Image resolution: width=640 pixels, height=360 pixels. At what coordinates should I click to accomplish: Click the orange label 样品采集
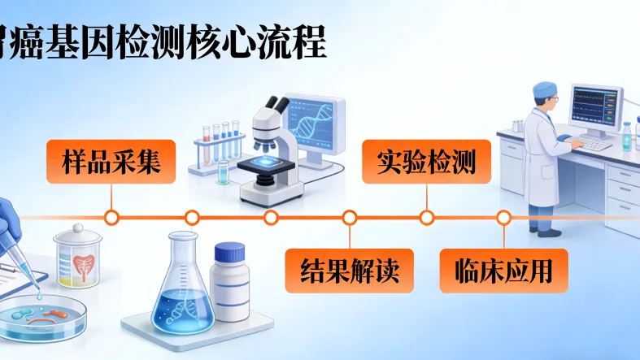[111, 161]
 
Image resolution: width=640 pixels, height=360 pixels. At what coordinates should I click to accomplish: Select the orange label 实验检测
[425, 161]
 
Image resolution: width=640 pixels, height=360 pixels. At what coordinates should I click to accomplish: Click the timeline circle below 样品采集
[112, 217]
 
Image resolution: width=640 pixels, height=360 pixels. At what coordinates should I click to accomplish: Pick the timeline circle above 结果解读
[350, 217]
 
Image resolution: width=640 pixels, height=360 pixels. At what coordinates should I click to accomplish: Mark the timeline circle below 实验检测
[426, 217]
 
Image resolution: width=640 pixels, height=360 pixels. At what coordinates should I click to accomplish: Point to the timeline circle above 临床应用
[503, 217]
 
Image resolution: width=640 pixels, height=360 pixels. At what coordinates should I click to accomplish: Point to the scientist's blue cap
[546, 89]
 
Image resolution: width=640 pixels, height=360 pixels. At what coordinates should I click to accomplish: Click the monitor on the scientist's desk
[595, 106]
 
